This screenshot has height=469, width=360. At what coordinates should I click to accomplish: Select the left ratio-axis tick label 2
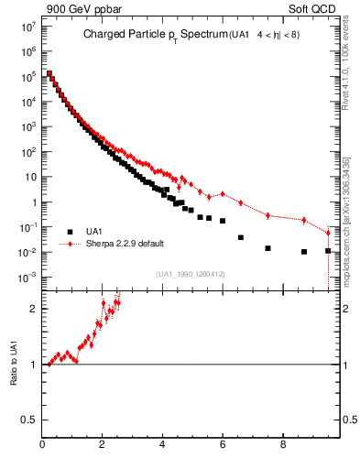tap(35, 308)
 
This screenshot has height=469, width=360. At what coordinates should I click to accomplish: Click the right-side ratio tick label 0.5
tap(344, 420)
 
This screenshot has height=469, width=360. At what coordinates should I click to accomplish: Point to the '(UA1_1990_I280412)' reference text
tap(191, 274)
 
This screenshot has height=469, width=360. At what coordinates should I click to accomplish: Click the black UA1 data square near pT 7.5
tap(267, 248)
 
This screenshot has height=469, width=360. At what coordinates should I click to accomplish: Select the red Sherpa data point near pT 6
tap(223, 193)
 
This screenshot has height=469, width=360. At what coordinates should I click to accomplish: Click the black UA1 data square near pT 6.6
tap(241, 237)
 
